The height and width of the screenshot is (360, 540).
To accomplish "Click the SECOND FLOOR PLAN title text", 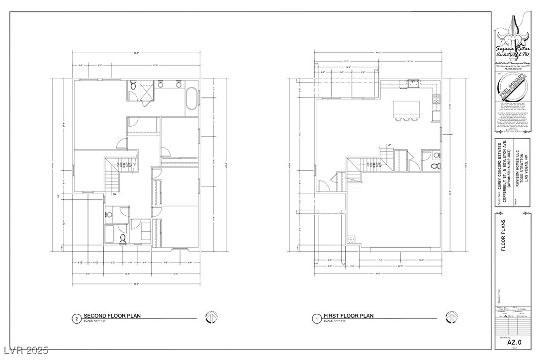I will pos(112,316).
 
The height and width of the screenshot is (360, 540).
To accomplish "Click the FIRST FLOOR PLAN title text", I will pos(348,316).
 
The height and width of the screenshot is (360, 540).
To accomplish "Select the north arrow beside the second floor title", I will pos(212,316).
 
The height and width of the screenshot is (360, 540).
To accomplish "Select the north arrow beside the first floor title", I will pos(451,316).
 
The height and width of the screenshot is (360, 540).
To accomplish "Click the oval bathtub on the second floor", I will pos(191,98).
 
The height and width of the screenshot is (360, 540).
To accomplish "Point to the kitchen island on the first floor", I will pos(405,108).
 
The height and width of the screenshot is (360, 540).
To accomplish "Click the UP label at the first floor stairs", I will pos(389,145).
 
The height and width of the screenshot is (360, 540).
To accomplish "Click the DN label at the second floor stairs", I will pos(114,194).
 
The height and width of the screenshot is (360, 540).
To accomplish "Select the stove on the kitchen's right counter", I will pos(436,99).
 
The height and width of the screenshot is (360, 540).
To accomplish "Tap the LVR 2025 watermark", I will pos(24,351).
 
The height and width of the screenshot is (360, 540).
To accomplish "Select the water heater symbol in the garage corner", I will pos(351,240).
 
